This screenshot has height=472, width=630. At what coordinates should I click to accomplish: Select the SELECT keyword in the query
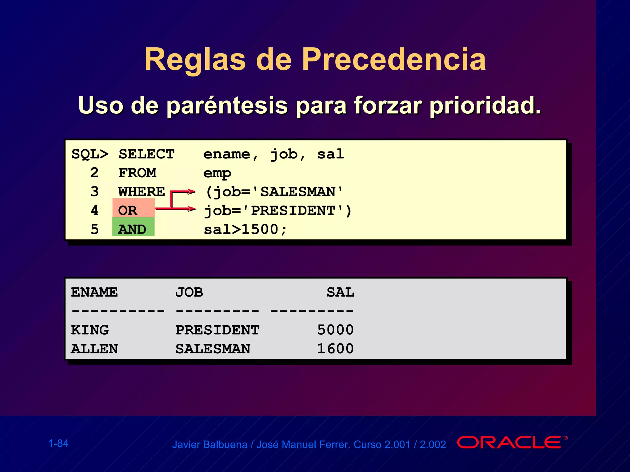tap(146, 154)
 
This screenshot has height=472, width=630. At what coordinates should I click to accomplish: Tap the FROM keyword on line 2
tap(137, 173)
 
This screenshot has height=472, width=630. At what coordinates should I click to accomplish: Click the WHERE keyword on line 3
tap(142, 192)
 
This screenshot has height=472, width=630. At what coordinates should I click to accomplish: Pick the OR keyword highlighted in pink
tap(128, 210)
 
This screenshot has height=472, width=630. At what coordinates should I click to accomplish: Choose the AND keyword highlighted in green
tap(132, 229)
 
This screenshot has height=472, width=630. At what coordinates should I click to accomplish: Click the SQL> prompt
tap(90, 154)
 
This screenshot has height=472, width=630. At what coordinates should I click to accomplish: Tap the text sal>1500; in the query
tap(245, 229)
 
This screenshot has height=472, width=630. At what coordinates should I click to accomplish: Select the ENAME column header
tap(94, 292)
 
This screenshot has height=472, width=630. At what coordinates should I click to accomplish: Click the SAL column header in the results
tap(340, 292)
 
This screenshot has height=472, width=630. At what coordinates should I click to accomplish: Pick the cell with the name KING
tap(90, 330)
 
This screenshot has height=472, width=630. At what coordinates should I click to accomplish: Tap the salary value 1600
tap(335, 348)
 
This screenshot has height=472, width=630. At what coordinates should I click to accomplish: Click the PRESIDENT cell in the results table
tap(217, 330)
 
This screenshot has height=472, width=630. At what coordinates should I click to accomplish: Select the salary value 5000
tap(335, 330)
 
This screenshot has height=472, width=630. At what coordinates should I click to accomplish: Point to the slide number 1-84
tap(58, 443)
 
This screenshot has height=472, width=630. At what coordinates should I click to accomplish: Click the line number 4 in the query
tap(94, 210)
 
